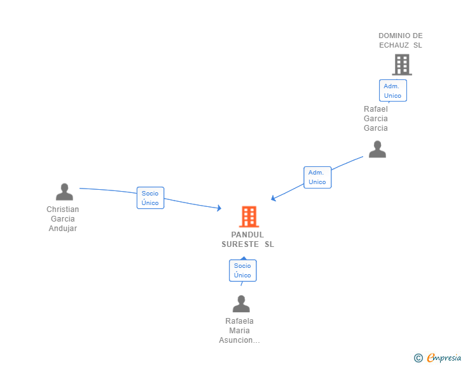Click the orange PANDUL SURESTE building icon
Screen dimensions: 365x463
[249, 216]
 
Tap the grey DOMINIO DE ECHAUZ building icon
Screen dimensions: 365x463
[401, 64]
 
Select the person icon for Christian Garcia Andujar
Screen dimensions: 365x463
[64, 192]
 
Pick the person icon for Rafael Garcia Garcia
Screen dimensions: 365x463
[377, 149]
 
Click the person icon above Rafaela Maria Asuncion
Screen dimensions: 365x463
[241, 304]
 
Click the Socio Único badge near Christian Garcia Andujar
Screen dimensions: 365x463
[150, 198]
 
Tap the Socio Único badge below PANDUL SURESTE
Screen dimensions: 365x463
[242, 270]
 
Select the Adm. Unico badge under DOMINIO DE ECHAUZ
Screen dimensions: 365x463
[392, 91]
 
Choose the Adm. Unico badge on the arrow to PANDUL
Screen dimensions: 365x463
[317, 177]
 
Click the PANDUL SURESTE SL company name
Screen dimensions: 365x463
[247, 239]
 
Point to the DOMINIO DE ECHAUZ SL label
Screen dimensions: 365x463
[400, 40]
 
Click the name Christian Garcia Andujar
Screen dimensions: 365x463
[63, 219]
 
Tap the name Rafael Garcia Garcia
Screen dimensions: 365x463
[376, 119]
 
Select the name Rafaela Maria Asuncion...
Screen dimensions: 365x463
[239, 331]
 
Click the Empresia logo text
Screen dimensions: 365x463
[444, 358]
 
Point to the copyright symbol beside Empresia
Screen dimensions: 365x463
[418, 358]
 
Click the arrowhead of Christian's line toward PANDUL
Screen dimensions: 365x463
[219, 208]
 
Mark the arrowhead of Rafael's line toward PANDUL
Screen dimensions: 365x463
[273, 199]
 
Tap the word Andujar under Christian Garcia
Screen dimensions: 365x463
[63, 229]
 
